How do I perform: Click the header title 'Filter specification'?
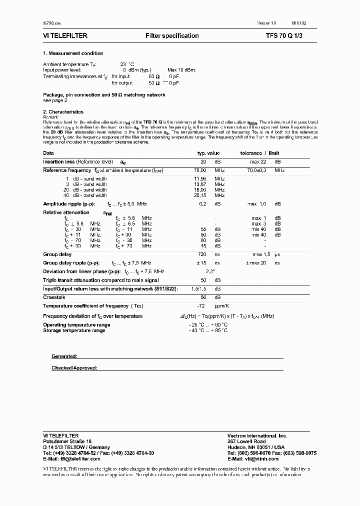click(172, 36)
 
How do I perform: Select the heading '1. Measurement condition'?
click(73, 53)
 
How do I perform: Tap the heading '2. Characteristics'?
click(63, 112)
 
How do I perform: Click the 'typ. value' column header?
click(208, 153)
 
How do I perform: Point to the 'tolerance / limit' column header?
click(259, 153)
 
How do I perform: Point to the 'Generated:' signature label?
click(64, 356)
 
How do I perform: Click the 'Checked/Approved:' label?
click(74, 368)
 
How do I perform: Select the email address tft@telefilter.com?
click(72, 458)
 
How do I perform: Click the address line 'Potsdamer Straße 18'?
click(67, 441)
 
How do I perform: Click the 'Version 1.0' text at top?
click(266, 23)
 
